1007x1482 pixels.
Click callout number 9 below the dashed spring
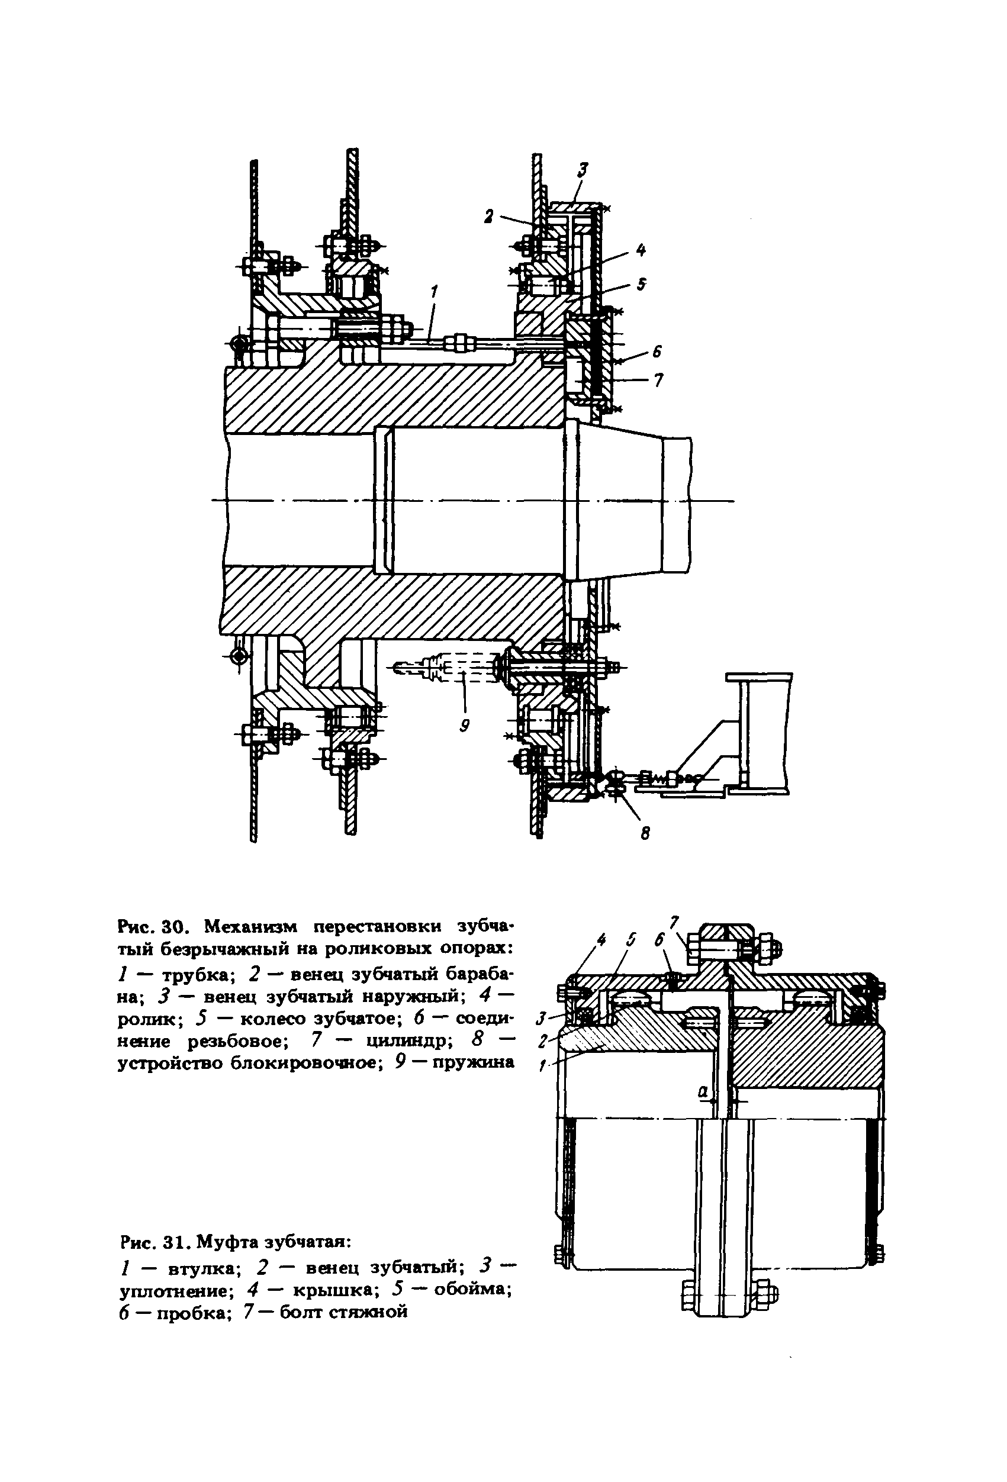click(464, 725)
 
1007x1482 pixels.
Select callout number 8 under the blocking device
click(645, 833)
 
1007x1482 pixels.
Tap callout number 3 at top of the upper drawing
click(583, 169)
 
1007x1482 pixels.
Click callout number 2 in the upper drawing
click(489, 217)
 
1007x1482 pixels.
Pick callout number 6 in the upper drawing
click(657, 352)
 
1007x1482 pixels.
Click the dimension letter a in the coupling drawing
click(703, 1091)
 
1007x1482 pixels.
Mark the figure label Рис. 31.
click(155, 1242)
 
